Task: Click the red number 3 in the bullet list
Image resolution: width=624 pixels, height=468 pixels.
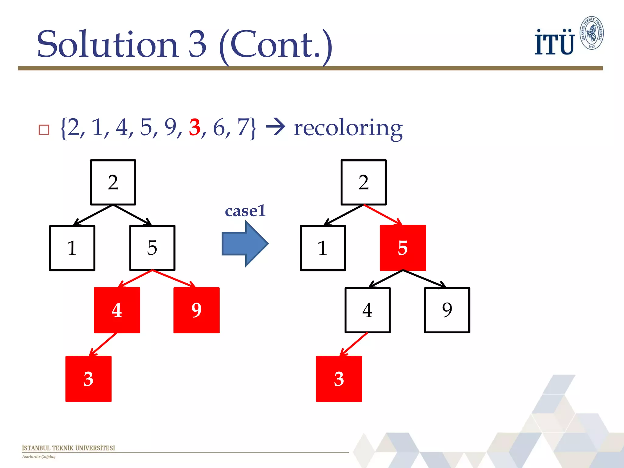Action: tap(195, 127)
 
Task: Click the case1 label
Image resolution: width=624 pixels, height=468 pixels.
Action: tap(245, 211)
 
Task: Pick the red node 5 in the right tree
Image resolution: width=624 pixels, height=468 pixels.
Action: tap(403, 248)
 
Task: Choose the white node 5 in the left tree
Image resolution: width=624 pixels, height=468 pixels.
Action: tap(152, 248)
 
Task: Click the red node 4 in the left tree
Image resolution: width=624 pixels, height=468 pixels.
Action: tap(117, 310)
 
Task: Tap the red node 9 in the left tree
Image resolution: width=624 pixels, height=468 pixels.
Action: tap(197, 310)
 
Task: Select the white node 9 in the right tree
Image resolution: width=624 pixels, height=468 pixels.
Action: tap(447, 310)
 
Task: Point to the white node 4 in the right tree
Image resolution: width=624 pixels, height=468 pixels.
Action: tap(367, 310)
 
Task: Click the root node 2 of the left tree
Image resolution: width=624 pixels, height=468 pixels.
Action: tap(113, 183)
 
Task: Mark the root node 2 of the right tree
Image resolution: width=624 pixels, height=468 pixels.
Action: tap(363, 183)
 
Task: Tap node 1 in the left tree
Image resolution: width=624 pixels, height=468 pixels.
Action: tap(72, 248)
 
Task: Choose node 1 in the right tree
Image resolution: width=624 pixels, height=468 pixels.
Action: tap(323, 248)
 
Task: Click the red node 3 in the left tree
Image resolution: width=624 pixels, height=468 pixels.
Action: tap(88, 379)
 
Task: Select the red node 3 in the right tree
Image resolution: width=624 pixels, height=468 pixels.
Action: tap(339, 379)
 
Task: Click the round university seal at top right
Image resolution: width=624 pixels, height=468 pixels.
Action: tap(591, 33)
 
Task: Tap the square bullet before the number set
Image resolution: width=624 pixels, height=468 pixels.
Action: tap(44, 130)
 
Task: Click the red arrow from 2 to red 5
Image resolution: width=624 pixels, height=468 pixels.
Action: tap(383, 215)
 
